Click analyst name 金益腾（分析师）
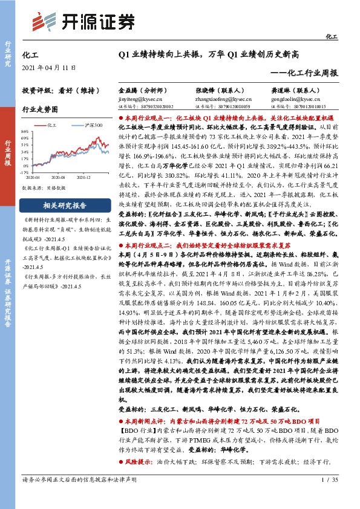[x=140, y=88]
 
